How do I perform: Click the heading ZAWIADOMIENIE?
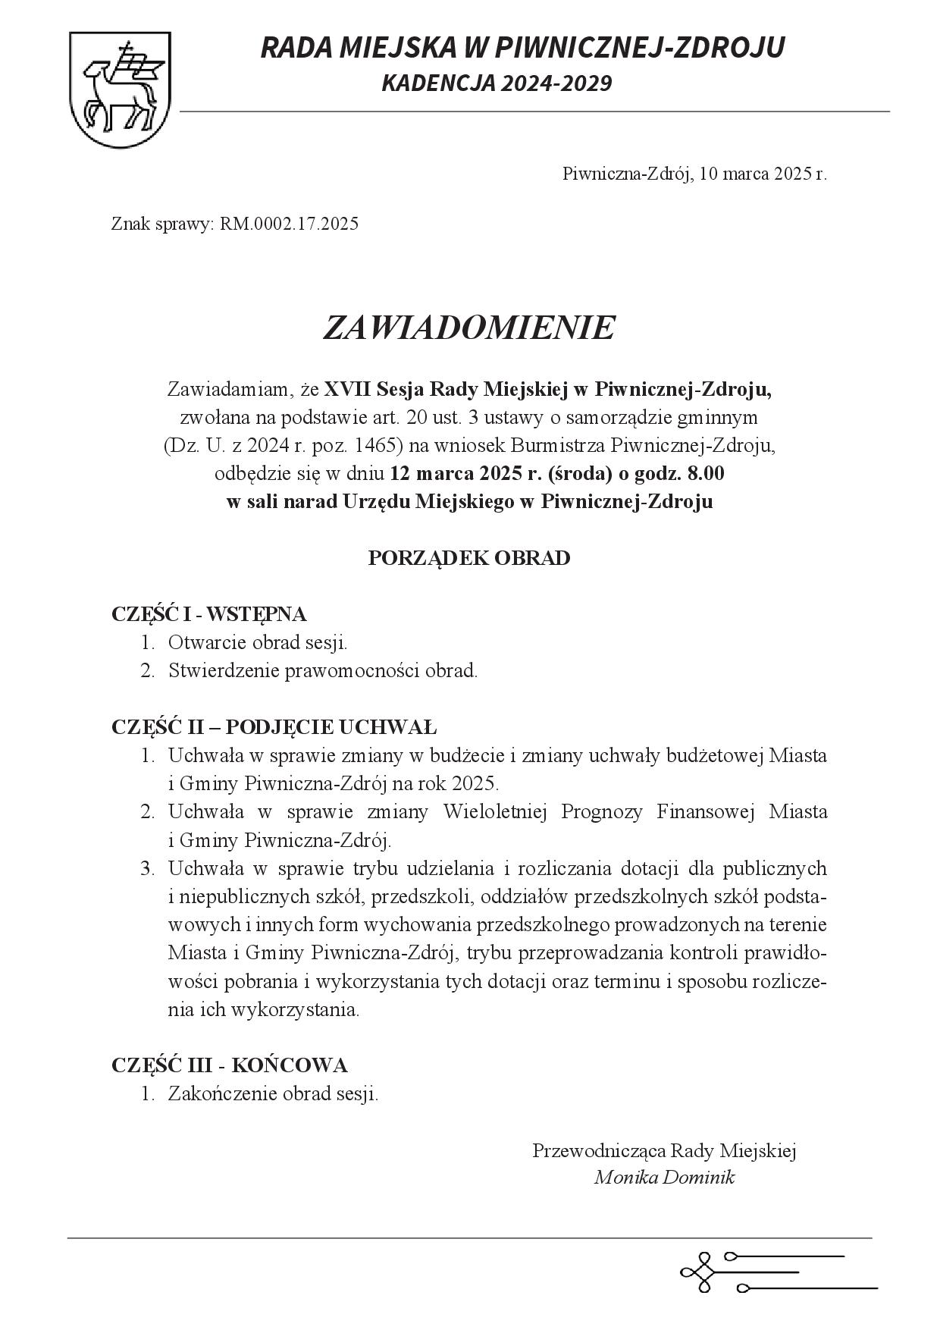pyautogui.click(x=468, y=328)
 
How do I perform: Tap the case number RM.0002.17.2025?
pyautogui.click(x=289, y=224)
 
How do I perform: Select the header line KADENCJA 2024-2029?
pyautogui.click(x=496, y=83)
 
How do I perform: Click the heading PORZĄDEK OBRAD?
pyautogui.click(x=468, y=559)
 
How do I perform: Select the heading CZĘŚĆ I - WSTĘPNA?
pyautogui.click(x=208, y=614)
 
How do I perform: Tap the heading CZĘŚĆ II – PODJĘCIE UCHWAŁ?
pyautogui.click(x=274, y=727)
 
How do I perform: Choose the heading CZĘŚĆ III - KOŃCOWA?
pyautogui.click(x=229, y=1065)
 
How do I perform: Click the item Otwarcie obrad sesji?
pyautogui.click(x=258, y=643)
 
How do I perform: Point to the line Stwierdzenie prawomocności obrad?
pyautogui.click(x=323, y=671)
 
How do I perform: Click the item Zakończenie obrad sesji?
pyautogui.click(x=273, y=1094)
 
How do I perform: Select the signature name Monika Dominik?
pyautogui.click(x=664, y=1178)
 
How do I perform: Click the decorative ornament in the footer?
pyautogui.click(x=777, y=1272)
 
